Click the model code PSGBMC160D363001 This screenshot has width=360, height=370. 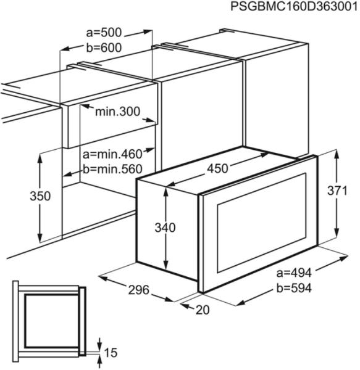coord(294,6)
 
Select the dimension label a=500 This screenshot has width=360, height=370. coord(104,33)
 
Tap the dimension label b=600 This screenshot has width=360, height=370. coord(104,47)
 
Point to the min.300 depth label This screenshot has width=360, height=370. coord(117,112)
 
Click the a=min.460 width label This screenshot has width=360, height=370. coord(112,154)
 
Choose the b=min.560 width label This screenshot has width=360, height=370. coord(112,169)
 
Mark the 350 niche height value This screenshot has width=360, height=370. coord(40,196)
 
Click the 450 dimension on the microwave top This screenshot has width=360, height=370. coord(217,168)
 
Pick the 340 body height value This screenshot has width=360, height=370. coord(165,228)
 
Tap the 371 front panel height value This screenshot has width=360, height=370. coord(337,191)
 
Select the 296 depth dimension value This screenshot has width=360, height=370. coord(139,290)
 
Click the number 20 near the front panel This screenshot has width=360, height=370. coord(203,310)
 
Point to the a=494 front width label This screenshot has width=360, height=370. coord(294,273)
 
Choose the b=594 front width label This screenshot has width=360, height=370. coord(294,288)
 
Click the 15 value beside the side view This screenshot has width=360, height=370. coord(111,353)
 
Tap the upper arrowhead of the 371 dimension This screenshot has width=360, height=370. coord(337,155)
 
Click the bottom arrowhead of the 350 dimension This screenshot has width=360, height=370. coord(40,237)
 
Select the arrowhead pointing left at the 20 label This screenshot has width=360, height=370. coord(185,306)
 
